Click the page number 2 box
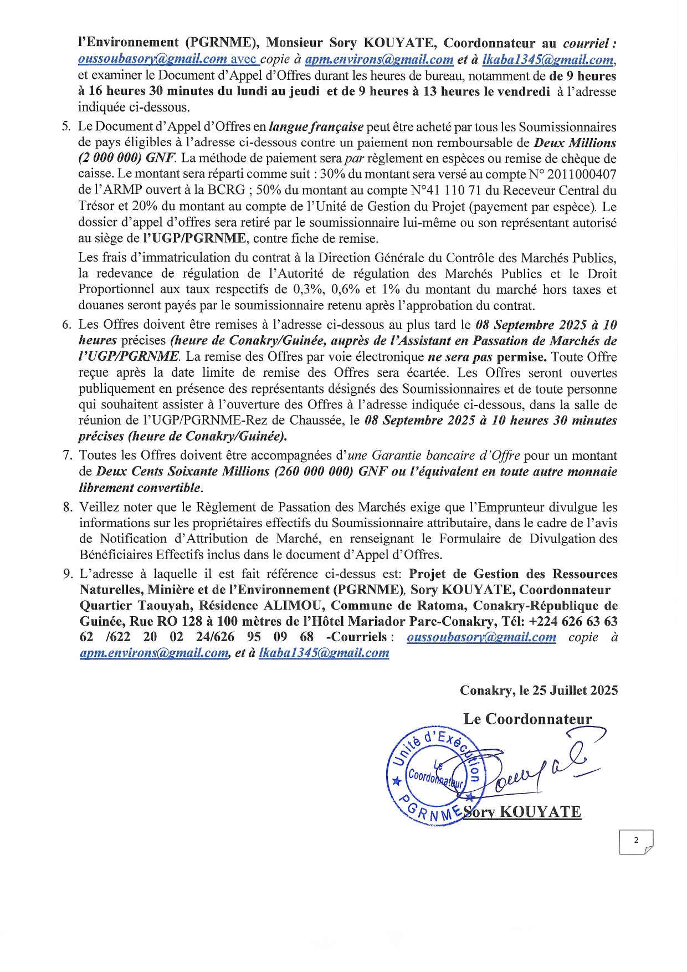(636, 841)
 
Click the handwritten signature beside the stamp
(543, 768)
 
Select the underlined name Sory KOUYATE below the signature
(522, 812)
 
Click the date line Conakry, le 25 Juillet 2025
(539, 690)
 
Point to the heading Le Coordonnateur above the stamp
(527, 719)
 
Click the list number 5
(66, 127)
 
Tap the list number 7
(67, 456)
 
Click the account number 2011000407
(582, 175)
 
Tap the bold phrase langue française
(316, 127)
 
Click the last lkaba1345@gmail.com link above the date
(324, 653)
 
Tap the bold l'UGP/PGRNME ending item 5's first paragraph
(194, 239)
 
